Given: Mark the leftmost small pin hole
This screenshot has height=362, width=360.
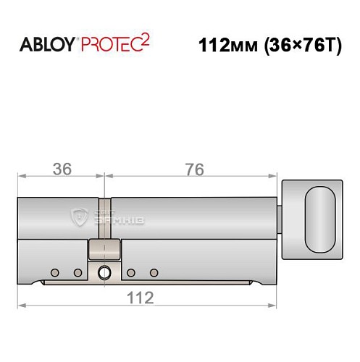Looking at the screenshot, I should pyautogui.click(x=54, y=272).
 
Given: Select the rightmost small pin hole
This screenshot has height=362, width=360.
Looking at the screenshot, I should pyautogui.click(x=154, y=272).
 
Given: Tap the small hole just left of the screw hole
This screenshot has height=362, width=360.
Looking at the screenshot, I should pyautogui.click(x=78, y=272).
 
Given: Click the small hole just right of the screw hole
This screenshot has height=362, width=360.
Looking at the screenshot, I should pyautogui.click(x=131, y=272).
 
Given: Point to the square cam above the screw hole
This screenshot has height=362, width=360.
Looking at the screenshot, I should pyautogui.click(x=104, y=251).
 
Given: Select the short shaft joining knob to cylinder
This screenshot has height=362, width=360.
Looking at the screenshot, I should pyautogui.click(x=281, y=217).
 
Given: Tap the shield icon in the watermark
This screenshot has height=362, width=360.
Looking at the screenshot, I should pyautogui.click(x=79, y=214).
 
